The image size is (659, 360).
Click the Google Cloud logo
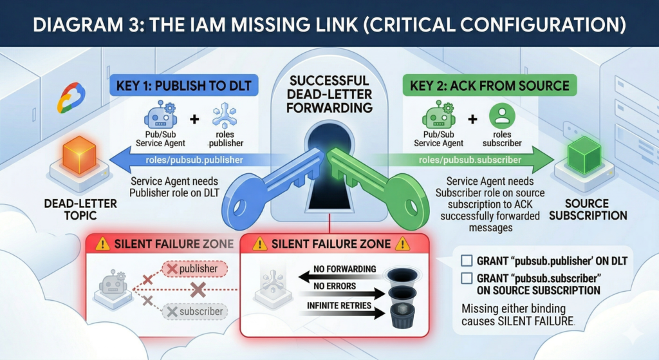click(71, 99)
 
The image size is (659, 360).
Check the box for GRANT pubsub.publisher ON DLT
click(468, 261)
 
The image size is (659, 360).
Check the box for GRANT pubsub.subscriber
click(468, 278)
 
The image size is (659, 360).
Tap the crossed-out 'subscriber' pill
click(195, 312)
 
